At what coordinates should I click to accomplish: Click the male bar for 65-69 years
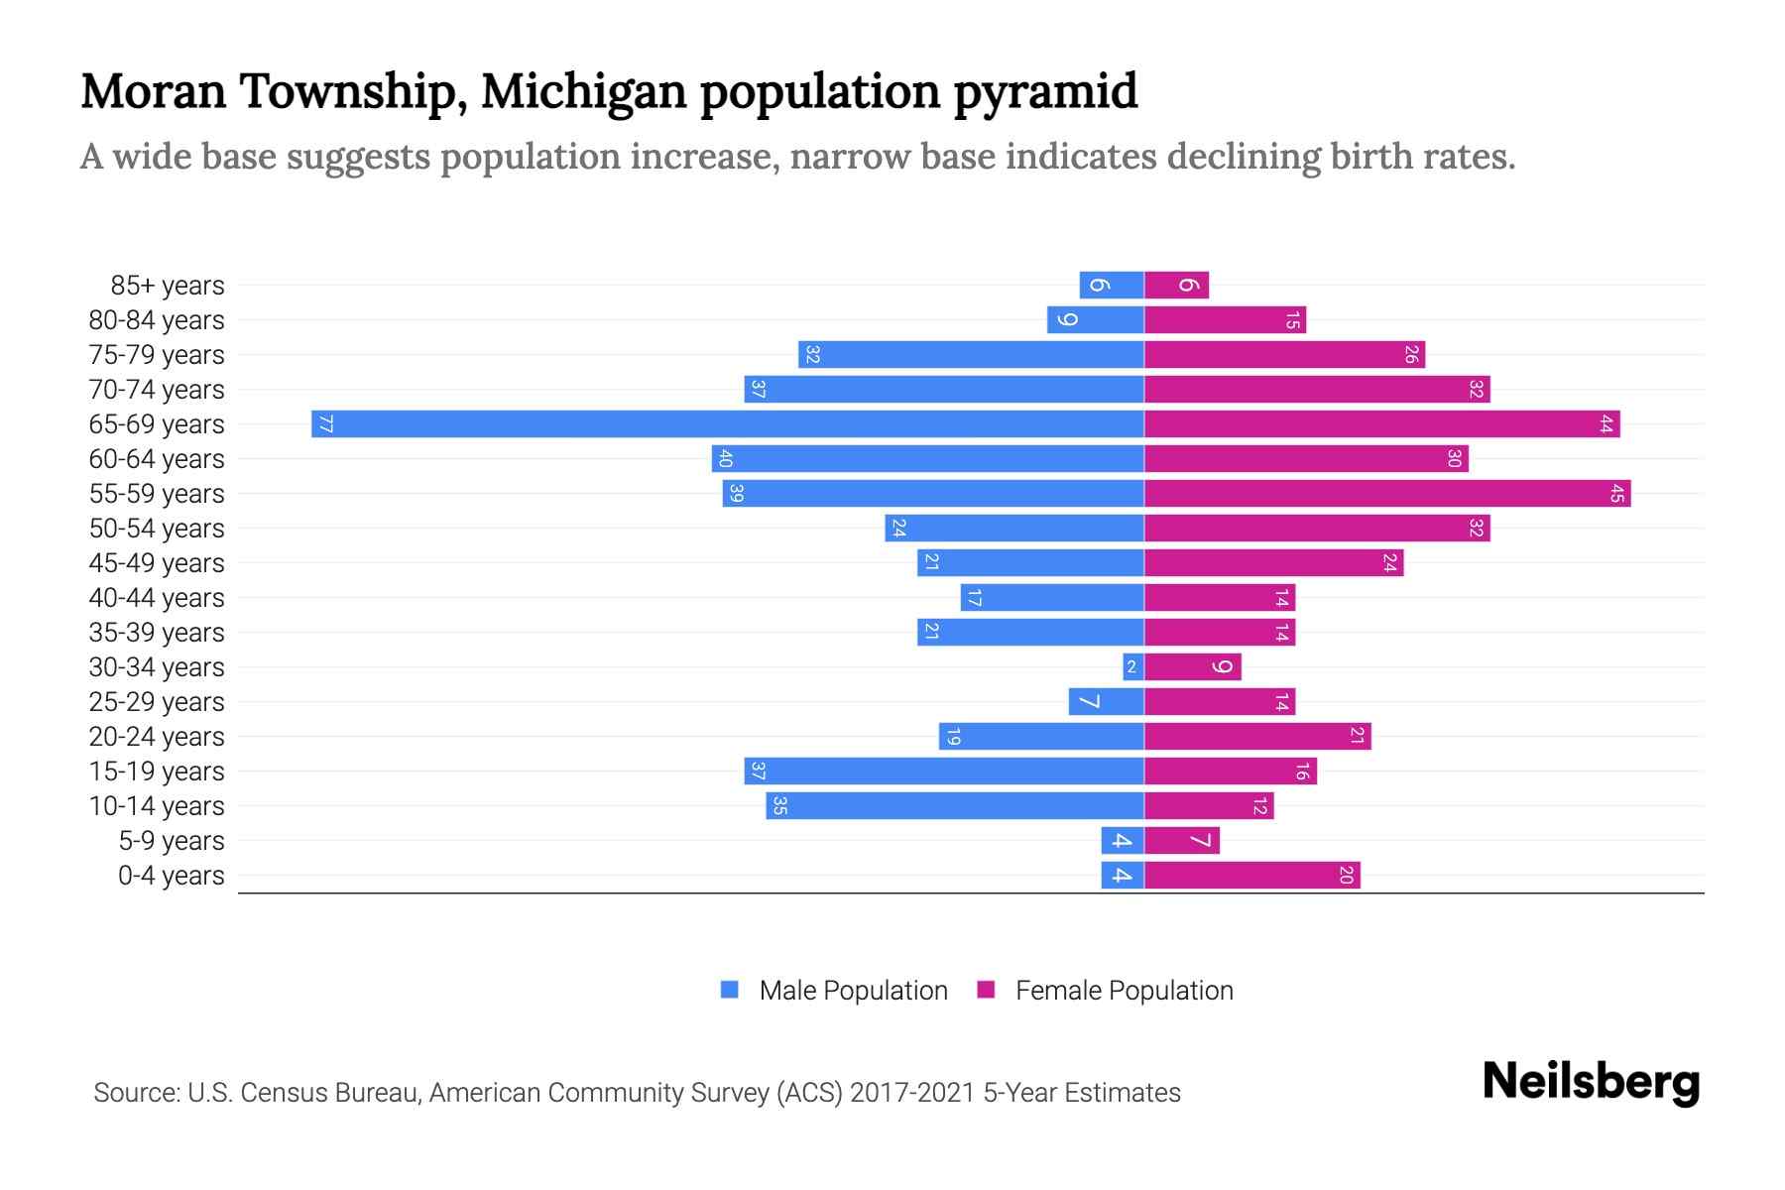click(x=727, y=423)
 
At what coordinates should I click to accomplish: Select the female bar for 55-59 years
click(x=1386, y=493)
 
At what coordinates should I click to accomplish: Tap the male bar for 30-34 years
click(x=1133, y=666)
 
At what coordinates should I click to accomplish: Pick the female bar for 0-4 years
click(x=1251, y=875)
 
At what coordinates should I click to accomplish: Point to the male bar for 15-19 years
click(x=943, y=771)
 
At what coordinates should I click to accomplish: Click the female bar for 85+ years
click(x=1176, y=285)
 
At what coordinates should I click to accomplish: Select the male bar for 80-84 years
click(x=1095, y=319)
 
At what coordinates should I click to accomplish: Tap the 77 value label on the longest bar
click(x=325, y=424)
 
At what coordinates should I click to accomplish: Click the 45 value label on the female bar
click(x=1616, y=493)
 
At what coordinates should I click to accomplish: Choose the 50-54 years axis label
click(x=157, y=528)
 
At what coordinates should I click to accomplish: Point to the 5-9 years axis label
click(x=171, y=841)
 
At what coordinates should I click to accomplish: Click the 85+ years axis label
click(x=168, y=286)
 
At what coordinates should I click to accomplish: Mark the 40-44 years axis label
click(x=157, y=597)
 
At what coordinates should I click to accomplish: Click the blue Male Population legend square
click(x=730, y=990)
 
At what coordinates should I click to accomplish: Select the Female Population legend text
click(x=1124, y=990)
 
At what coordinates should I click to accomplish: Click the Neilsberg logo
click(x=1591, y=1082)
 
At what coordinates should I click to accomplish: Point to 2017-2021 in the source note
click(x=912, y=1093)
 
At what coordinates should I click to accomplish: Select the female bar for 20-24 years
click(x=1257, y=736)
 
